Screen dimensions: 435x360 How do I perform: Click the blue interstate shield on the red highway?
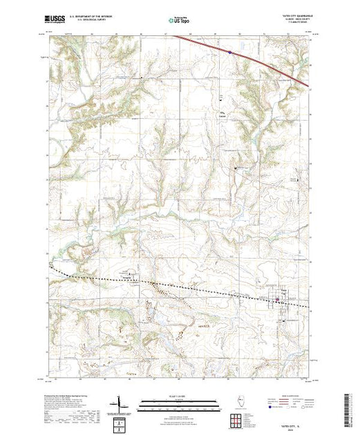230,50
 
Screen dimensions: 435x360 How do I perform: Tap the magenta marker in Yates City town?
278,300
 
